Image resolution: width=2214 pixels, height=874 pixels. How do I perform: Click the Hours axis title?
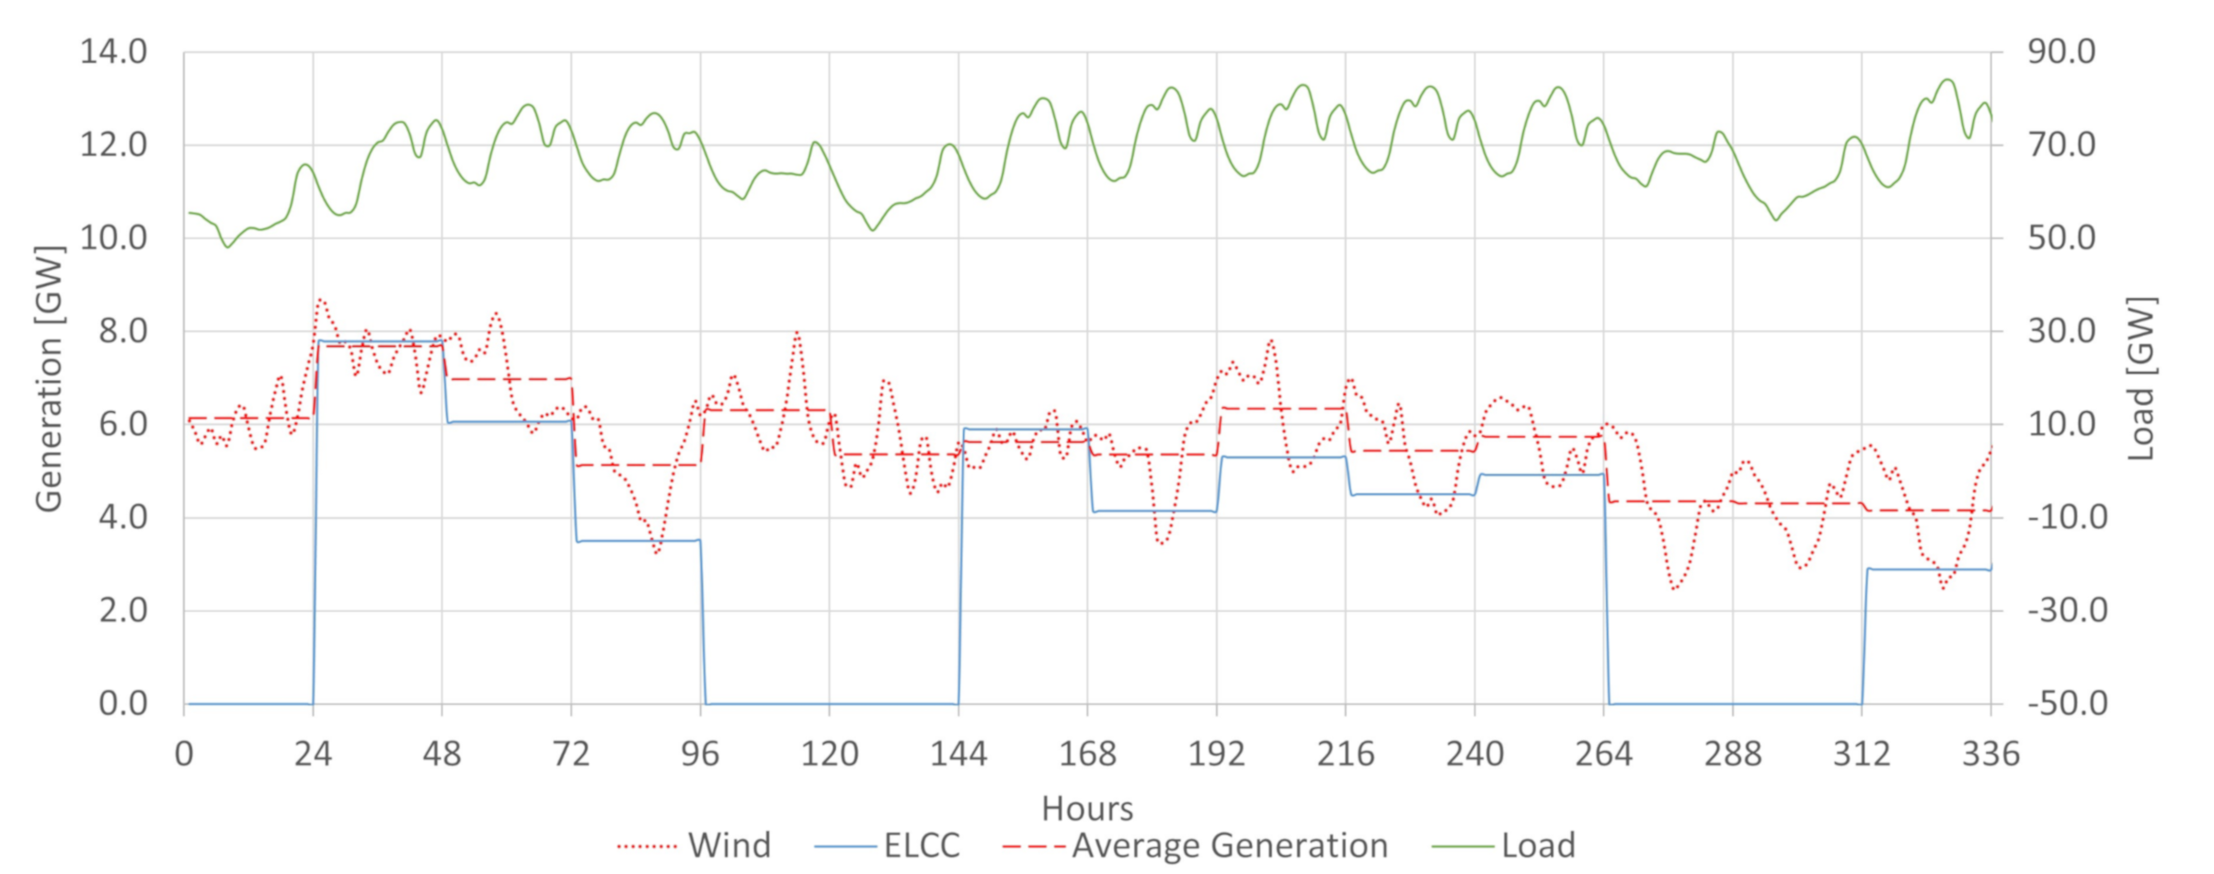1087,809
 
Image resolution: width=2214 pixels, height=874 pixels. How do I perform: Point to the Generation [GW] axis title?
49,378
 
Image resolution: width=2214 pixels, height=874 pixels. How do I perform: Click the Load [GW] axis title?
2142,378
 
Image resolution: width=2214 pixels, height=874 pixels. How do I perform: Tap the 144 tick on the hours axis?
958,754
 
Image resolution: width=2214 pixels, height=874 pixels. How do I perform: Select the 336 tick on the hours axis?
1990,754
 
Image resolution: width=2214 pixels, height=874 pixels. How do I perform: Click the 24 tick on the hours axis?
313,754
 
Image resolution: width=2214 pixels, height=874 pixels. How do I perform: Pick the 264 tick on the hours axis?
1603,754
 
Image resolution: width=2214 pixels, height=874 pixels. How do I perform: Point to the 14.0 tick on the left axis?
114,52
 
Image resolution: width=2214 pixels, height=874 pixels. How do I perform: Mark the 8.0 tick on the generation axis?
123,331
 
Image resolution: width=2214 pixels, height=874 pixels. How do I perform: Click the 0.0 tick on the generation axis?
123,704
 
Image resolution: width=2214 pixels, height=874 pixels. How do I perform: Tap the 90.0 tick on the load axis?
2061,52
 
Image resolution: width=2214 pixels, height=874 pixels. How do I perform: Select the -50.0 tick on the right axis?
2067,704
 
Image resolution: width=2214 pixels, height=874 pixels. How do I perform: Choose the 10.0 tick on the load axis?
2061,425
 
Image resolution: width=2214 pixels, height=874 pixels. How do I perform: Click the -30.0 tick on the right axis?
2067,611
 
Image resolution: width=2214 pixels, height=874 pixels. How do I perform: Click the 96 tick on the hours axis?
700,754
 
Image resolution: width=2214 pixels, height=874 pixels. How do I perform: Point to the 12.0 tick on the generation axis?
114,145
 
